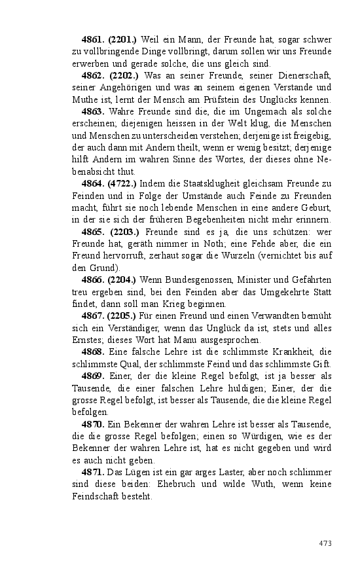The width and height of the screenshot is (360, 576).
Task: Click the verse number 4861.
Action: pos(93,40)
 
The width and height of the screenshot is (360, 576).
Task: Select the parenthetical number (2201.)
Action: pos(122,40)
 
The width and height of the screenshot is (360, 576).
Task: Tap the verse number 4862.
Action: pos(93,75)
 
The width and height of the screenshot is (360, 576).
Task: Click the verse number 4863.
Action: pos(93,111)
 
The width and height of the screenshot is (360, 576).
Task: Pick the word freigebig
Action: pos(313,135)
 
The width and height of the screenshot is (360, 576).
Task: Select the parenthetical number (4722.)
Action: pos(122,183)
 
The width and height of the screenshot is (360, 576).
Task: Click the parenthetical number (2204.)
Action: pos(122,279)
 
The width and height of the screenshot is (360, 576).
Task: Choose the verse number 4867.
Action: pos(93,315)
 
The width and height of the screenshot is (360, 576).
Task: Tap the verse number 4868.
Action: pos(93,351)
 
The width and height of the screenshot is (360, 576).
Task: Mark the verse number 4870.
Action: pos(93,424)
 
